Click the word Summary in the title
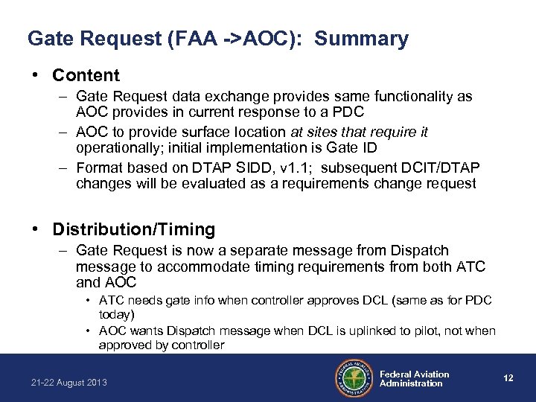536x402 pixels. point(361,39)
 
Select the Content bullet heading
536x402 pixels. point(86,75)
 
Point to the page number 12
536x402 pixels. point(508,378)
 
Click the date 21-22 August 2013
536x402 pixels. point(68,383)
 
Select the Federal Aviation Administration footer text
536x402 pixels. point(415,379)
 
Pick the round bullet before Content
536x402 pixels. point(36,76)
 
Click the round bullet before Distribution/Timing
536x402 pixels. point(36,230)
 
